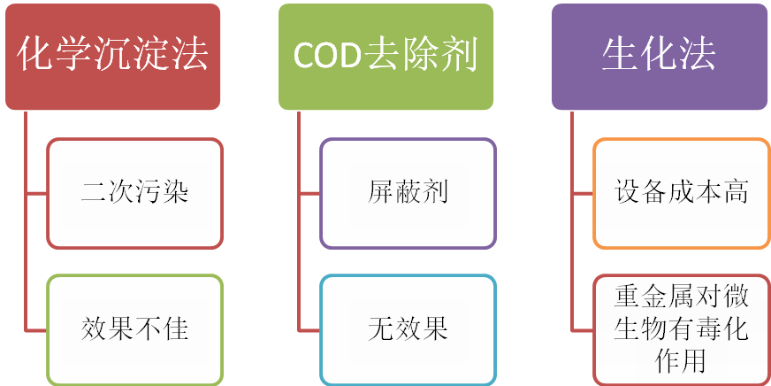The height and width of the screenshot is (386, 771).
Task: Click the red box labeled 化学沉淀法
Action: [x=113, y=56]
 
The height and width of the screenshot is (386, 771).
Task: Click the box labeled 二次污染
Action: [x=134, y=193]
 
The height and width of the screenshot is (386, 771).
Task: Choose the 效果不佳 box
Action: [x=134, y=329]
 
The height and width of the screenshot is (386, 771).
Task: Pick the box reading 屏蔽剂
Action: [x=408, y=193]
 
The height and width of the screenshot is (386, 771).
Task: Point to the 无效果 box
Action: [x=408, y=329]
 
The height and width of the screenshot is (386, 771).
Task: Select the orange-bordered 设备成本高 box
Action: [x=681, y=193]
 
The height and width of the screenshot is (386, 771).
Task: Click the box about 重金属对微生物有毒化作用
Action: [x=681, y=329]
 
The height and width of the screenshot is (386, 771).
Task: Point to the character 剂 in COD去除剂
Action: [x=458, y=56]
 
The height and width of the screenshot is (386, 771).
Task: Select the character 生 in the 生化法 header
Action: [x=621, y=56]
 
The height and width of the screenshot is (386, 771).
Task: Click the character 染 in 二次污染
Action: [x=174, y=193]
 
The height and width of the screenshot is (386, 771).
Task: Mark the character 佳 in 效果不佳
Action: [x=174, y=329]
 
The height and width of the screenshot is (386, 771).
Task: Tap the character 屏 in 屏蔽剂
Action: [x=381, y=193]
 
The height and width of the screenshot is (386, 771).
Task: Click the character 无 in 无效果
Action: [x=381, y=329]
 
